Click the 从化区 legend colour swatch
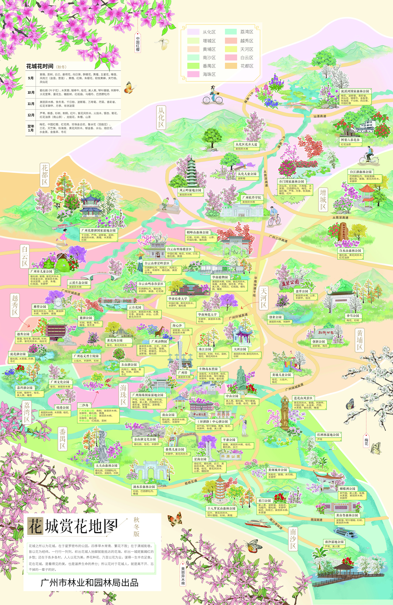point(193,32)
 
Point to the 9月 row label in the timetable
point(31,78)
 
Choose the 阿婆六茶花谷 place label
point(350,140)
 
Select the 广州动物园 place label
point(159,341)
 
